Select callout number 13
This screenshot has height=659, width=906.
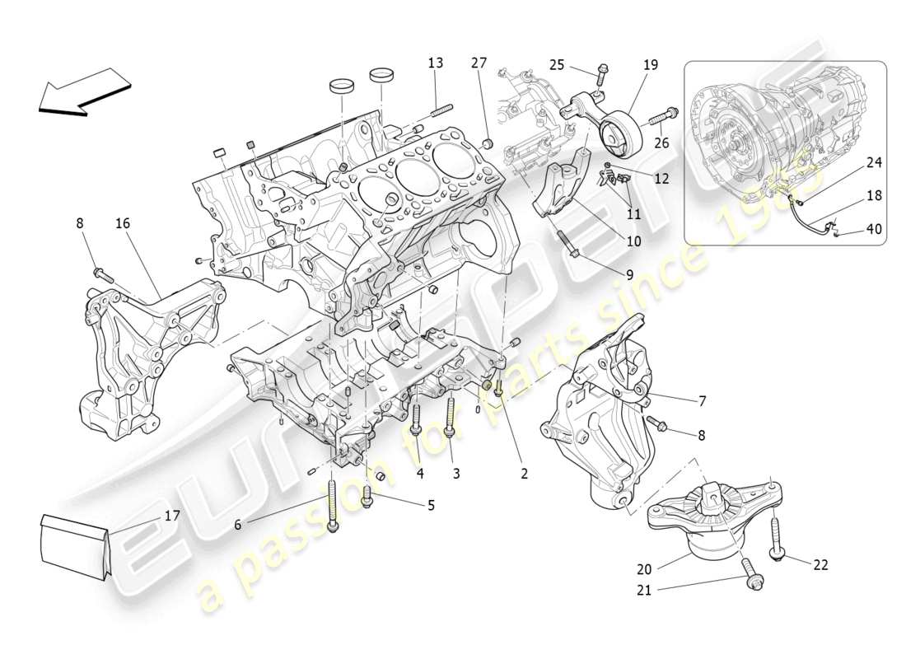click(435, 63)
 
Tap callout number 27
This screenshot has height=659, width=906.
click(479, 63)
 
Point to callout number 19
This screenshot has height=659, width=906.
click(651, 63)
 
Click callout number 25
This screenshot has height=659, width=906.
click(557, 63)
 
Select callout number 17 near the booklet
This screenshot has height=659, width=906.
click(172, 516)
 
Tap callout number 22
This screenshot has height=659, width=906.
click(820, 564)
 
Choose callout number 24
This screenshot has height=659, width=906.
click(874, 163)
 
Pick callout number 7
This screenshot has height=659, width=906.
click(702, 401)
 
